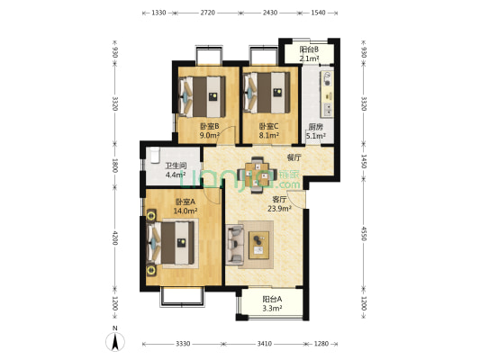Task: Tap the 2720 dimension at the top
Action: [x=207, y=13]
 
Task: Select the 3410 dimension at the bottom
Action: [x=264, y=344]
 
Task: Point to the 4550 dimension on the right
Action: [x=363, y=233]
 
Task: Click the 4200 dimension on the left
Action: [x=114, y=238]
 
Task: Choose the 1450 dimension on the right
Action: [x=363, y=161]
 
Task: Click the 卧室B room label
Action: [x=209, y=126]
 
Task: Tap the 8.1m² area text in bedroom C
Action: [x=268, y=135]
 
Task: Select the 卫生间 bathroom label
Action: [x=176, y=166]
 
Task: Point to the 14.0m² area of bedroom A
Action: [x=185, y=211]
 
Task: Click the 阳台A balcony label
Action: [x=272, y=299]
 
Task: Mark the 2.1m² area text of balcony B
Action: [x=309, y=58]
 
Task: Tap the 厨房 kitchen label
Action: [x=315, y=127]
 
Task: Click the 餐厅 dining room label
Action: [x=294, y=157]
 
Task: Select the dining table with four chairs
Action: [x=258, y=175]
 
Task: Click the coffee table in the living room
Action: [x=259, y=245]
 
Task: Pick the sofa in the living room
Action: [x=235, y=245]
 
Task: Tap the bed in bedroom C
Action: [x=267, y=93]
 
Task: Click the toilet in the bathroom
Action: [x=155, y=155]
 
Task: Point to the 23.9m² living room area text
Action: [x=279, y=209]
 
